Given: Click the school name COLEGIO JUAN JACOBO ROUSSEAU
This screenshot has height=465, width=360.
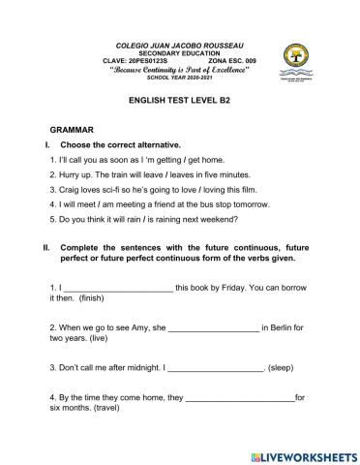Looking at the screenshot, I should (x=180, y=46).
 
